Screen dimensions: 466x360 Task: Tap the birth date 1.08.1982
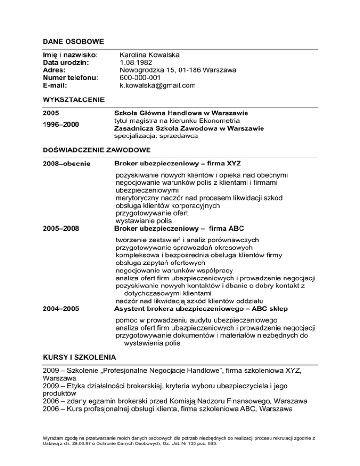[x=136, y=62]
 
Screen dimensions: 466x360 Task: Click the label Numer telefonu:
[x=70, y=78]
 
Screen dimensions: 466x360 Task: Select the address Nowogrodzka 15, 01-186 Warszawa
[x=178, y=70]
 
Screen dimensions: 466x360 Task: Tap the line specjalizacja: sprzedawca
[x=156, y=136]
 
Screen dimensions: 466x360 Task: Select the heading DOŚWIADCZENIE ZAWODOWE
[x=96, y=150]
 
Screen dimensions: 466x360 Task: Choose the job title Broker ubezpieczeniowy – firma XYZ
[x=178, y=163]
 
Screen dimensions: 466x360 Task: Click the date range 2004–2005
[x=61, y=308]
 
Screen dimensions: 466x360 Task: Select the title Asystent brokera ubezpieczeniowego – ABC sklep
[x=201, y=308]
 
